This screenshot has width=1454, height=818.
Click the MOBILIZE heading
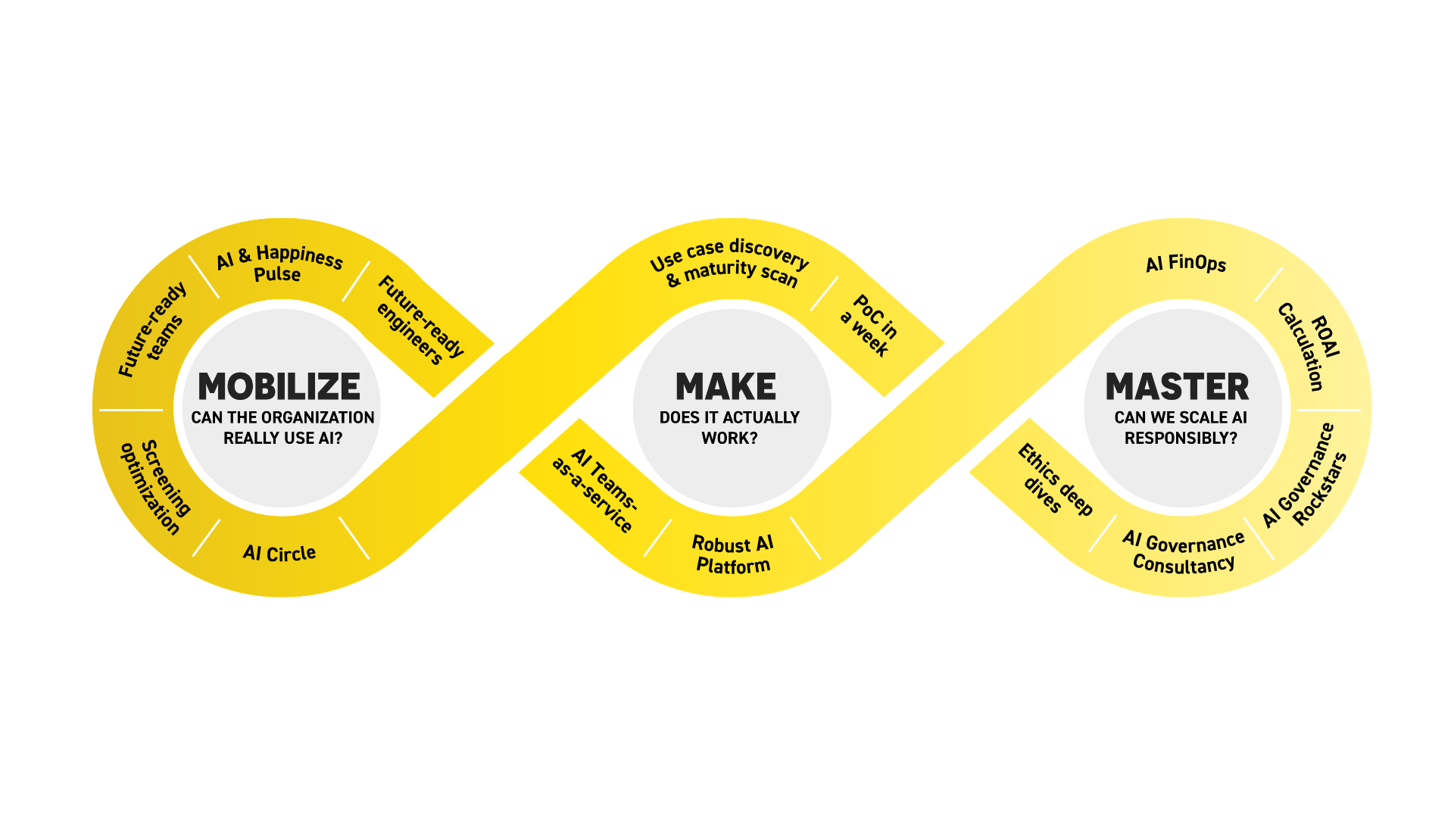(279, 387)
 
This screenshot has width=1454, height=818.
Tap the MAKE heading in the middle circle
(725, 387)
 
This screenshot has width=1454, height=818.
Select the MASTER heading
(1177, 387)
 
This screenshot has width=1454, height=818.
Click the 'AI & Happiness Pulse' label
(279, 264)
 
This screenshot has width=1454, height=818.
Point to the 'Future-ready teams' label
(152, 330)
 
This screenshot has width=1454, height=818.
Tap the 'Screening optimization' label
(156, 487)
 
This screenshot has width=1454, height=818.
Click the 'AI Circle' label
(279, 554)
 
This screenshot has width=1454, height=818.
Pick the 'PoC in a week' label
(869, 325)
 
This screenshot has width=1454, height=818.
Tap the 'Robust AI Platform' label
(732, 554)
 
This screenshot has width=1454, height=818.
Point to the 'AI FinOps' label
(1185, 264)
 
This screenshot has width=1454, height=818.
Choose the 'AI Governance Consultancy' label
(1184, 553)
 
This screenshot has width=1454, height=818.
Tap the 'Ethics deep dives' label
(1053, 479)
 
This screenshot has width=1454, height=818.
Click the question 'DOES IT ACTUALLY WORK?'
(729, 428)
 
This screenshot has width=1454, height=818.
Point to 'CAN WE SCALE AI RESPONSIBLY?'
(1180, 428)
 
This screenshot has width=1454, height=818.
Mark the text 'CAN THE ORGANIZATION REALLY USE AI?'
(282, 428)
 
